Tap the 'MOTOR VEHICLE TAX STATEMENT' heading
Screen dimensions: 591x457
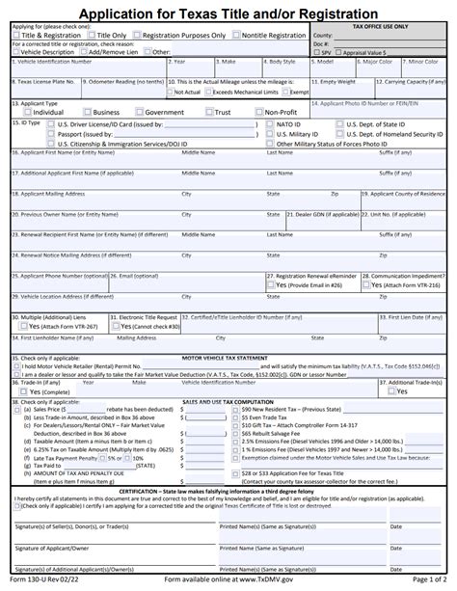tap(228, 358)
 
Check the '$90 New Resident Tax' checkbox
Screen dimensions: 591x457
tap(234, 409)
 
